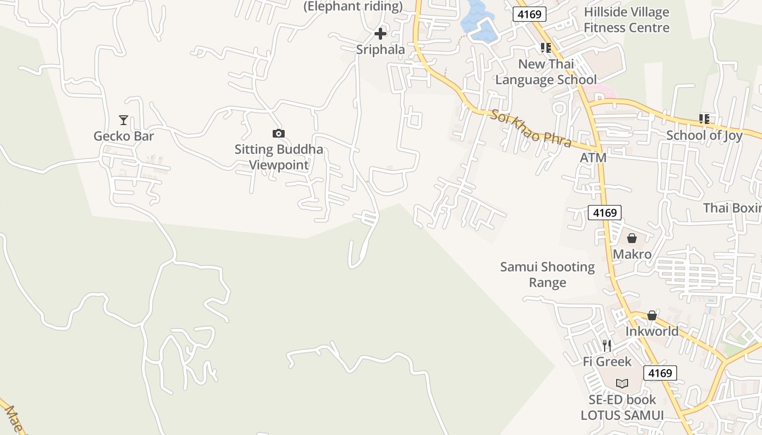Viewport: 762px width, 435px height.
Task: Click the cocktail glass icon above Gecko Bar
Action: (x=124, y=120)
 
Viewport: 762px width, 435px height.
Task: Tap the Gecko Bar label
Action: (x=124, y=136)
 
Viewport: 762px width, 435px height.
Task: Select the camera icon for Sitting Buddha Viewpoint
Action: (x=278, y=133)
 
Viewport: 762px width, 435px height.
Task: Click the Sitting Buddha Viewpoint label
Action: (x=279, y=157)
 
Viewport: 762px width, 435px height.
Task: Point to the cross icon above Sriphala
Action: (x=380, y=34)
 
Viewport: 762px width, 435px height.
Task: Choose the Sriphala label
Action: (x=380, y=49)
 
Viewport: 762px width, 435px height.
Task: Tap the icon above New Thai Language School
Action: (x=546, y=48)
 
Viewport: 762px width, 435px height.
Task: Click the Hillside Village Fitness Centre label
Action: (x=626, y=20)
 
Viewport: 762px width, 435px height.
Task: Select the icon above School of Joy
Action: (x=704, y=119)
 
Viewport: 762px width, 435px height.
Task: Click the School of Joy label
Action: (x=704, y=135)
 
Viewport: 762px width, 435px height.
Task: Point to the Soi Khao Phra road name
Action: (x=531, y=128)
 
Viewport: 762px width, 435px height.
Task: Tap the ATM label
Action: (x=593, y=158)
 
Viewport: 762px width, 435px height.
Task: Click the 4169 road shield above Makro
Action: (x=604, y=213)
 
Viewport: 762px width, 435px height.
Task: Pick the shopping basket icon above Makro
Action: (x=632, y=238)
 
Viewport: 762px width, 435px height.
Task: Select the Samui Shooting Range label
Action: (x=548, y=275)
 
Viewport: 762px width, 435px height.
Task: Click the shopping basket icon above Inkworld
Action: (x=652, y=315)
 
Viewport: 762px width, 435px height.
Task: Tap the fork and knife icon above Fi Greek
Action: (x=607, y=345)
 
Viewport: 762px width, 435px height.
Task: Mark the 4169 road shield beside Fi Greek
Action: (x=660, y=372)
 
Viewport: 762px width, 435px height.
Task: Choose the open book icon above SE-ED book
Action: (x=622, y=383)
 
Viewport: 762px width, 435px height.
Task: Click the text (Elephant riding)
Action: (x=353, y=7)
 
